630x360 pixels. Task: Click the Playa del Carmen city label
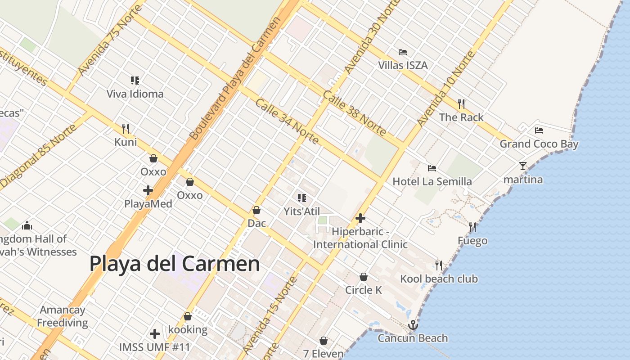tap(175, 264)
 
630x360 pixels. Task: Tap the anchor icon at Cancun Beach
tap(413, 325)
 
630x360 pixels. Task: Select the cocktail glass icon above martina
tap(522, 166)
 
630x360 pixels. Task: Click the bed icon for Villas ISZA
tap(403, 52)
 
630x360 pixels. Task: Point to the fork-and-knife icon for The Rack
tap(461, 104)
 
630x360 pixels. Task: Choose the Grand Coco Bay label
tap(539, 144)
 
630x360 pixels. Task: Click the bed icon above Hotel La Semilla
tap(432, 168)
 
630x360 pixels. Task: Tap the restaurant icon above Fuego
tap(472, 227)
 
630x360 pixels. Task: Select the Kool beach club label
tap(439, 279)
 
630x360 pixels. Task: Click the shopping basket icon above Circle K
tap(364, 277)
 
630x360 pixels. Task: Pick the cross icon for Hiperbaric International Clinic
tap(360, 218)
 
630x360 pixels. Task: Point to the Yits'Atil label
tap(301, 211)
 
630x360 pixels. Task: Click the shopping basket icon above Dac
tap(256, 210)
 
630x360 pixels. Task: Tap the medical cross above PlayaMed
tap(148, 190)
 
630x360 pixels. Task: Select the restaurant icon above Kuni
tap(126, 129)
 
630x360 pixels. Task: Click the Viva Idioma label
tap(135, 94)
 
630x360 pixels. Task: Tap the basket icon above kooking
tap(188, 317)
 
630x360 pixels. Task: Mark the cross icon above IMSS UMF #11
tap(155, 334)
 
